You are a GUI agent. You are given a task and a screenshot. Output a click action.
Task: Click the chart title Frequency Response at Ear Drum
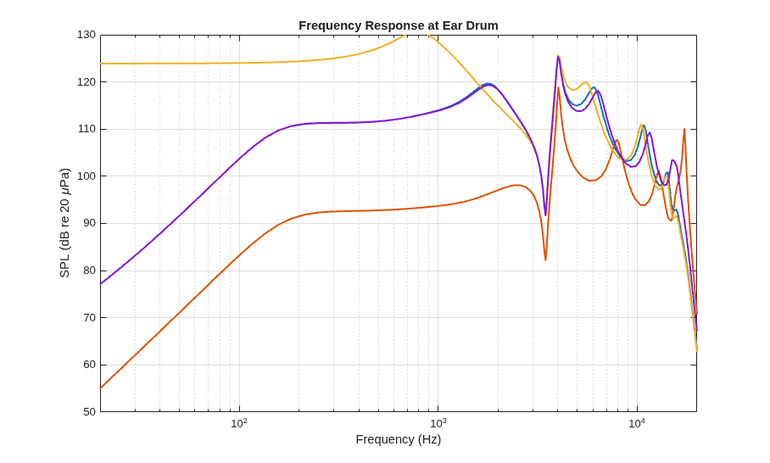click(x=399, y=25)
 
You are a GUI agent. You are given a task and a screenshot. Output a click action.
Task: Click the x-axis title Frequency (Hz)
click(x=399, y=439)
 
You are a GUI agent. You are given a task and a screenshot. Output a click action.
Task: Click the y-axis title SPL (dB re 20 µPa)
click(x=64, y=223)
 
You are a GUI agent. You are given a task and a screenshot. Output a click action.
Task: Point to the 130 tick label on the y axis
click(x=86, y=35)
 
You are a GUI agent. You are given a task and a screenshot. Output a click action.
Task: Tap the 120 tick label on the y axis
click(x=86, y=82)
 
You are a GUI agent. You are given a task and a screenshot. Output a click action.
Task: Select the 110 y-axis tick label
click(x=86, y=129)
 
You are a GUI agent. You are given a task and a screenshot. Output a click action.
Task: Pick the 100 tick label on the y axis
click(x=86, y=176)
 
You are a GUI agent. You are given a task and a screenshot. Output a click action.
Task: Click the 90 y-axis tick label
click(x=89, y=223)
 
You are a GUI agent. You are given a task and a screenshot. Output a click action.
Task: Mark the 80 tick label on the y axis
click(x=89, y=271)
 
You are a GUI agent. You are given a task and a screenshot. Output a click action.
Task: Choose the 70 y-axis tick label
click(x=89, y=318)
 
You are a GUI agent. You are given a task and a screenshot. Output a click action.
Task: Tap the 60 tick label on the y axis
click(x=89, y=365)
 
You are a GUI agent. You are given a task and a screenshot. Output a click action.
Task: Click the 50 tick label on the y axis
click(x=89, y=412)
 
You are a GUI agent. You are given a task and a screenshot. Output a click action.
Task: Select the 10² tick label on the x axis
click(x=239, y=423)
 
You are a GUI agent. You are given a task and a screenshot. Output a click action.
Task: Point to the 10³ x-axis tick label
click(x=438, y=423)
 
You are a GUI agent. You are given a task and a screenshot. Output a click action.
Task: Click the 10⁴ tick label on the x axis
click(x=637, y=423)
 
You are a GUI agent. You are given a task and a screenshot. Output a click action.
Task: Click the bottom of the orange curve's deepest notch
click(x=545, y=259)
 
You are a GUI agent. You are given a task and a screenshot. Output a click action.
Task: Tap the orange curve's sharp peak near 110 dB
click(x=684, y=129)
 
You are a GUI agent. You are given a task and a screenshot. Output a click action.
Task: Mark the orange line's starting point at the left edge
click(x=101, y=388)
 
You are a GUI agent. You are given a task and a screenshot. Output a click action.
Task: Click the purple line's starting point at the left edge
click(x=101, y=284)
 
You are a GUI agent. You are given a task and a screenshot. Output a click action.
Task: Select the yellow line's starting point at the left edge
click(x=101, y=64)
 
